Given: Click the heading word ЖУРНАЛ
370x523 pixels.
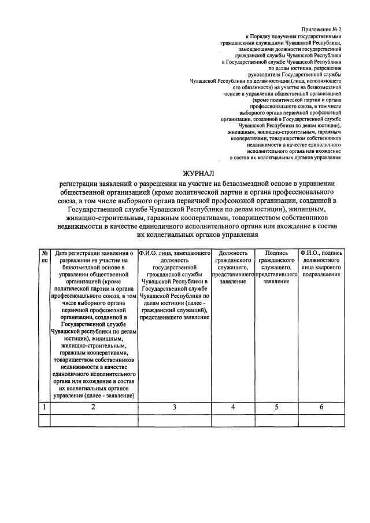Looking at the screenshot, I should coord(198,173).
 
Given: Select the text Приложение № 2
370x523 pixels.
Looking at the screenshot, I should coord(321,29).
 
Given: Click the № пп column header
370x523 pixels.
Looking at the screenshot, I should coord(45,257).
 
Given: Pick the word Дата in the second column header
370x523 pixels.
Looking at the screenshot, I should coord(62,253).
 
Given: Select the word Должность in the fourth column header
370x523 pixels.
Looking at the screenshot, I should coord(234,253).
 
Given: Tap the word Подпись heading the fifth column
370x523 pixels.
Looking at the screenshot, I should coord(276,253).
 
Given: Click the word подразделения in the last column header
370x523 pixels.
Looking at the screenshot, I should coord(321,274).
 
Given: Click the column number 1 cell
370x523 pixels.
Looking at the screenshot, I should coord(45,407).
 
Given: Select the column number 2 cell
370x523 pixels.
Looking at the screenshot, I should coord(94,407).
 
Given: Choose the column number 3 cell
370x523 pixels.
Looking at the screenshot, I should coord(175,407).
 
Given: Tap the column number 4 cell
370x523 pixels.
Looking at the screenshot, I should coord(234,407).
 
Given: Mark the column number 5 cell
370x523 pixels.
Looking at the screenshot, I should coord(276,407).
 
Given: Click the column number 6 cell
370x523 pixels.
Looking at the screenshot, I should coord(321,407).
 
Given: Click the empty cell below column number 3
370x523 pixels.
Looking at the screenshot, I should coord(175,420).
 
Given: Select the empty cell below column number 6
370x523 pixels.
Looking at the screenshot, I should coord(321,420).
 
